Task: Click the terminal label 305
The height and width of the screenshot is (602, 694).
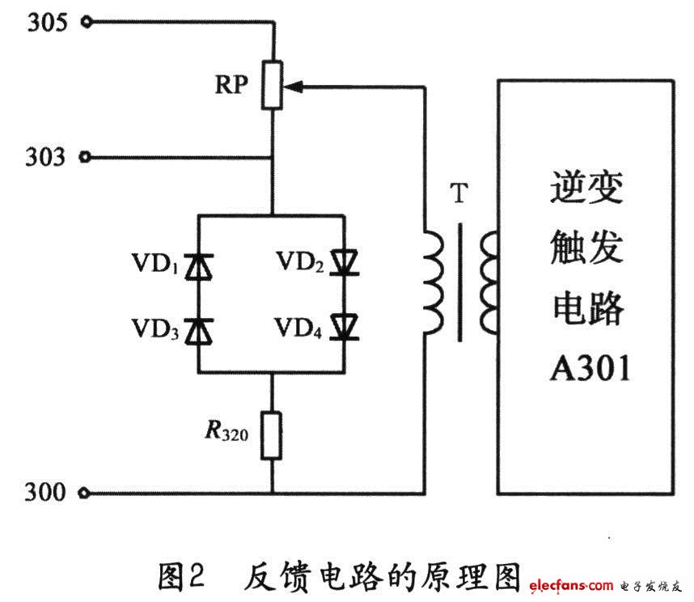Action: (47, 23)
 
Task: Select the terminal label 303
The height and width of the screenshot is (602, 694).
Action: (47, 156)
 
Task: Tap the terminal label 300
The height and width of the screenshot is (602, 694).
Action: (47, 492)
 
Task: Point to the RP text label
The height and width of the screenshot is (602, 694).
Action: (231, 86)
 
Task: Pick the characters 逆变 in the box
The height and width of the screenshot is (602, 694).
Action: (586, 192)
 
